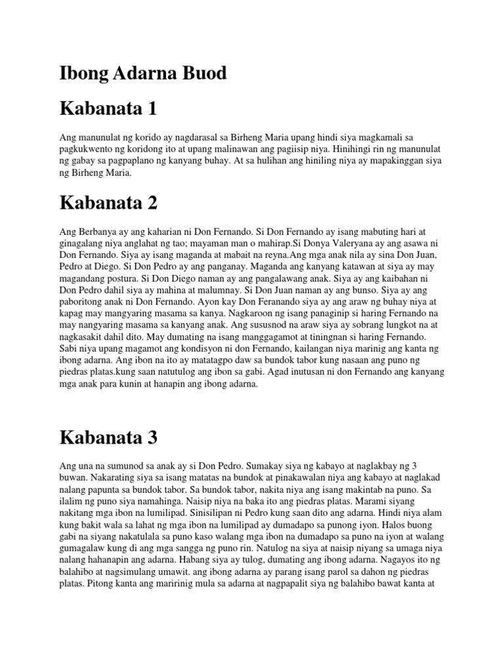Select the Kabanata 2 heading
[108, 202]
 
